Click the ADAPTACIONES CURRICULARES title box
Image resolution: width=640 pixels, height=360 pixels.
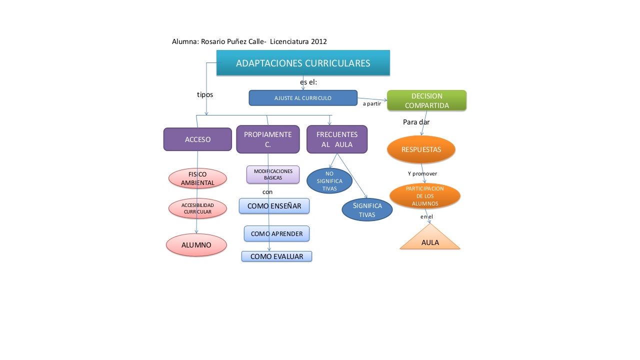point(303,63)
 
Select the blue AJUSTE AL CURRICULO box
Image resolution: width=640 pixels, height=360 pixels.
point(303,98)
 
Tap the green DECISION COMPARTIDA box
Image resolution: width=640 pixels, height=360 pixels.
point(427,100)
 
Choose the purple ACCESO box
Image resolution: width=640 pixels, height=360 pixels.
point(197,139)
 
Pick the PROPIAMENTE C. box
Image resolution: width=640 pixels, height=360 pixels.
point(268,139)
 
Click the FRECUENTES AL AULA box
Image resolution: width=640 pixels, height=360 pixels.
point(337,139)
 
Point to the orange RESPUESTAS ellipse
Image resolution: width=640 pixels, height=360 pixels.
point(421,149)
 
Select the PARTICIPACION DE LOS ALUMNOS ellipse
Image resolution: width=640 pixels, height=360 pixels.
point(425,196)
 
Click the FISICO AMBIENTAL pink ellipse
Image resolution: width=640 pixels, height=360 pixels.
point(197,178)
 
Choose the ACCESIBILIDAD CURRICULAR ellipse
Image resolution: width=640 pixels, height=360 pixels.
point(197,208)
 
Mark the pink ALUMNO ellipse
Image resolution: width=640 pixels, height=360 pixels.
point(196,245)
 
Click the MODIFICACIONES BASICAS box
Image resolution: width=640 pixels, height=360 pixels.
point(273,174)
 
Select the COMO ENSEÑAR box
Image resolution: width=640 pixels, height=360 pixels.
point(274,206)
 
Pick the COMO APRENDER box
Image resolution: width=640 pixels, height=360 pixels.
point(276,233)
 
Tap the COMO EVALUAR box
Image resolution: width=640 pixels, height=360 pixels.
point(276,256)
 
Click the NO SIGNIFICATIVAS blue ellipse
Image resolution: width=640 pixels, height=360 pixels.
point(329,181)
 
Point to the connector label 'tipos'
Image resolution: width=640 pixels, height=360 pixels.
point(205,94)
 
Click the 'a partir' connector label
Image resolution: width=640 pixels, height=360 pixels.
point(371,103)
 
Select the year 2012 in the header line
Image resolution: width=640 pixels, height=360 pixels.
point(319,41)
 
